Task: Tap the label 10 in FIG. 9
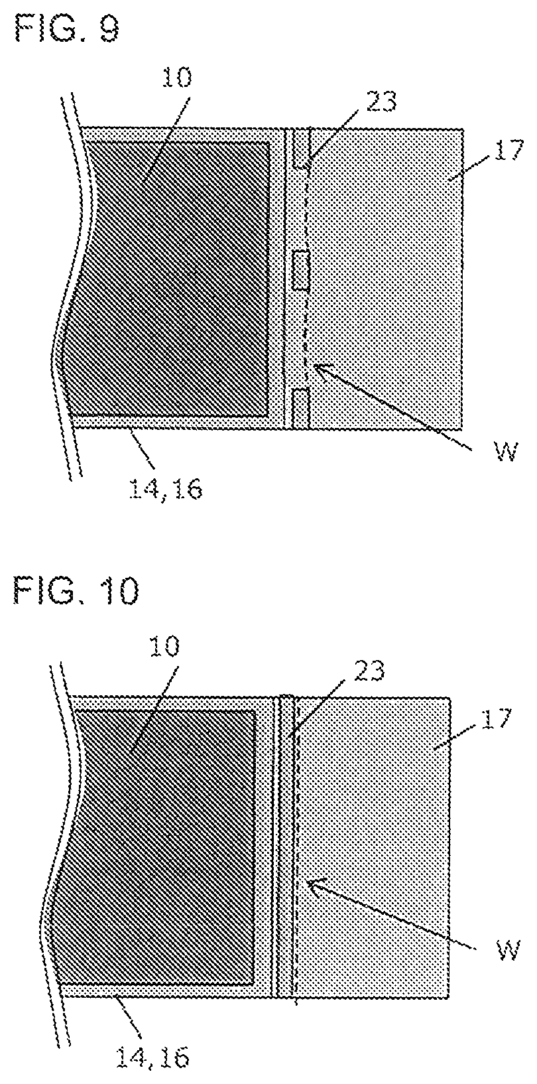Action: click(x=174, y=78)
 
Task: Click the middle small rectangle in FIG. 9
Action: click(x=301, y=271)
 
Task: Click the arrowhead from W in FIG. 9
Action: click(x=318, y=366)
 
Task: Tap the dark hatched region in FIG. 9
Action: click(x=179, y=279)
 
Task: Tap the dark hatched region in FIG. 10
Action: click(x=166, y=843)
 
